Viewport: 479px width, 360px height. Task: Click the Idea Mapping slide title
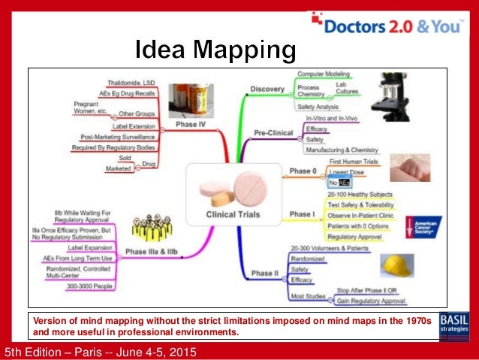215,51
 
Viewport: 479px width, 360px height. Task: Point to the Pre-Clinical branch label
273,132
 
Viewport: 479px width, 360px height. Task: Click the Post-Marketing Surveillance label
118,137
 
